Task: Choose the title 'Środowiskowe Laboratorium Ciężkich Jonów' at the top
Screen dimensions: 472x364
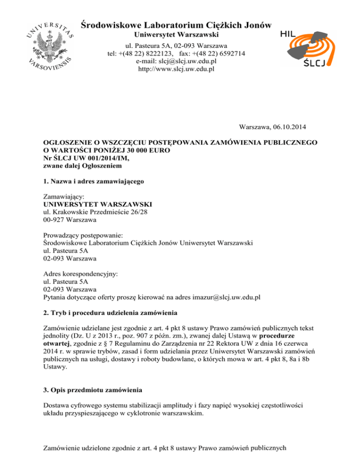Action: click(176, 24)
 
